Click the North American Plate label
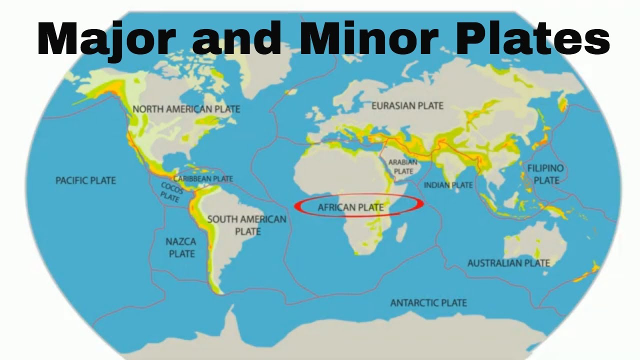(186, 109)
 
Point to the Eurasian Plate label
(407, 105)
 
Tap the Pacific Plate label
(85, 180)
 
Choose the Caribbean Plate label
(203, 178)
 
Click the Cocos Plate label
(171, 192)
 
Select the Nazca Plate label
(181, 247)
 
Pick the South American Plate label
(247, 225)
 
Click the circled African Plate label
(351, 207)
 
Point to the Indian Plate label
(448, 185)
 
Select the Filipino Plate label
(545, 174)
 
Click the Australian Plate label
(508, 263)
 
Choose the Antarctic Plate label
(428, 302)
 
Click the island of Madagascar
(400, 231)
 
